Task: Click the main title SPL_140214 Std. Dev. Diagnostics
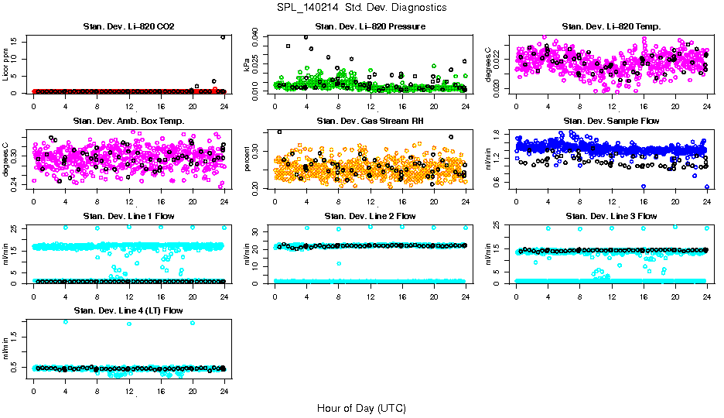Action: click(361, 8)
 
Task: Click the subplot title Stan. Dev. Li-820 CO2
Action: click(128, 27)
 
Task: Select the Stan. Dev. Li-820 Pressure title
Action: click(370, 27)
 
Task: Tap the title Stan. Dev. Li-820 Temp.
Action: click(611, 27)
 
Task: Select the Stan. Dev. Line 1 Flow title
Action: click(128, 216)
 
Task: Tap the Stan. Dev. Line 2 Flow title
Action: click(370, 216)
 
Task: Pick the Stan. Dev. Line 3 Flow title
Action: click(611, 216)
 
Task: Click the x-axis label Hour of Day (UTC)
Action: click(361, 407)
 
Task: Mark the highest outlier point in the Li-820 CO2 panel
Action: click(223, 37)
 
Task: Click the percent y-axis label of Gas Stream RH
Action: click(248, 161)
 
